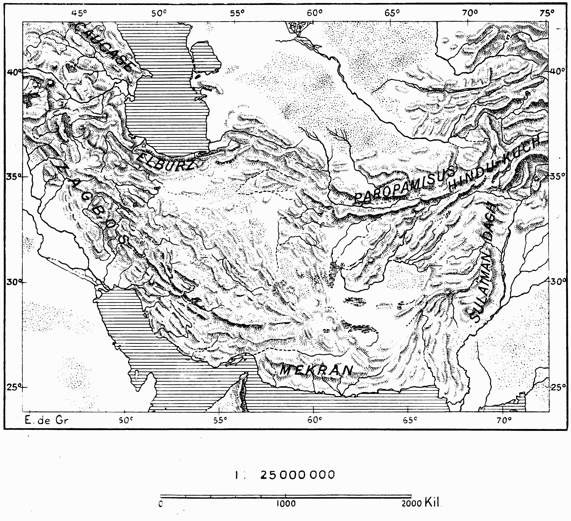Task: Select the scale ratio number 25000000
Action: coord(298,474)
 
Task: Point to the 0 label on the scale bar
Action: coord(161,504)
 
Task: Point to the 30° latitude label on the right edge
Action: coord(557,282)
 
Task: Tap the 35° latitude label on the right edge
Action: coord(557,176)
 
